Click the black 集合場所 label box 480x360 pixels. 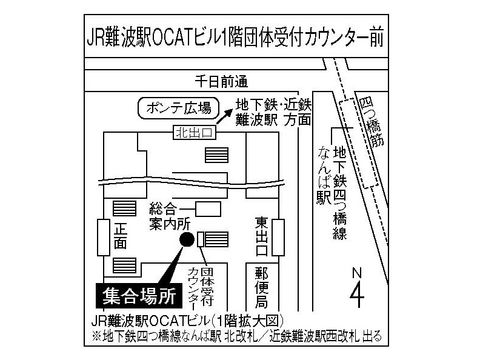click(140, 295)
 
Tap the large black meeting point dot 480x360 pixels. click(187, 239)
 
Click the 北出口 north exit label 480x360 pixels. click(194, 133)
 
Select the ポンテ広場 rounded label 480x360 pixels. click(179, 108)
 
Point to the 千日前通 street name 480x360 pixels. click(221, 81)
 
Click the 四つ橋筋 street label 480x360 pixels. click(373, 122)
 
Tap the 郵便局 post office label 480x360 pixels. click(261, 288)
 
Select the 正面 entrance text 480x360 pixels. click(120, 236)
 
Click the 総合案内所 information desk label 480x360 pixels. click(170, 216)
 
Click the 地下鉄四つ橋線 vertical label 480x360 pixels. click(340, 193)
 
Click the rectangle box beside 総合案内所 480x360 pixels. click(208, 209)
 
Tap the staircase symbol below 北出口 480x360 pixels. click(217, 155)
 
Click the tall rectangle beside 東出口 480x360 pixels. click(278, 237)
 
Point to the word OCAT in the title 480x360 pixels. click(171, 38)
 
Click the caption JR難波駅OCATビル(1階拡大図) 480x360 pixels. click(187, 322)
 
